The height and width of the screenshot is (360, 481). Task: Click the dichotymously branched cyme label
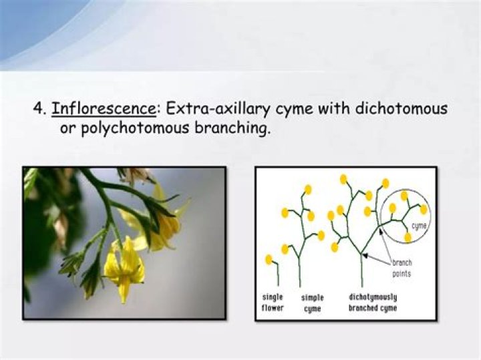(x=372, y=303)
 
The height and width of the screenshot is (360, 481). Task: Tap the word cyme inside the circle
(x=419, y=226)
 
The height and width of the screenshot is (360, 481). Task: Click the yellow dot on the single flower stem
(x=269, y=259)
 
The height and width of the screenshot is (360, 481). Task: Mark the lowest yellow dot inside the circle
(x=408, y=237)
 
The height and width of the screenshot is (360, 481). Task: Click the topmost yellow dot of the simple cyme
(x=308, y=190)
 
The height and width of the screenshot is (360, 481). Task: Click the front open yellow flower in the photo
(x=124, y=269)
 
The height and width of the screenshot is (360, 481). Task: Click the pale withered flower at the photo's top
(x=137, y=175)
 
